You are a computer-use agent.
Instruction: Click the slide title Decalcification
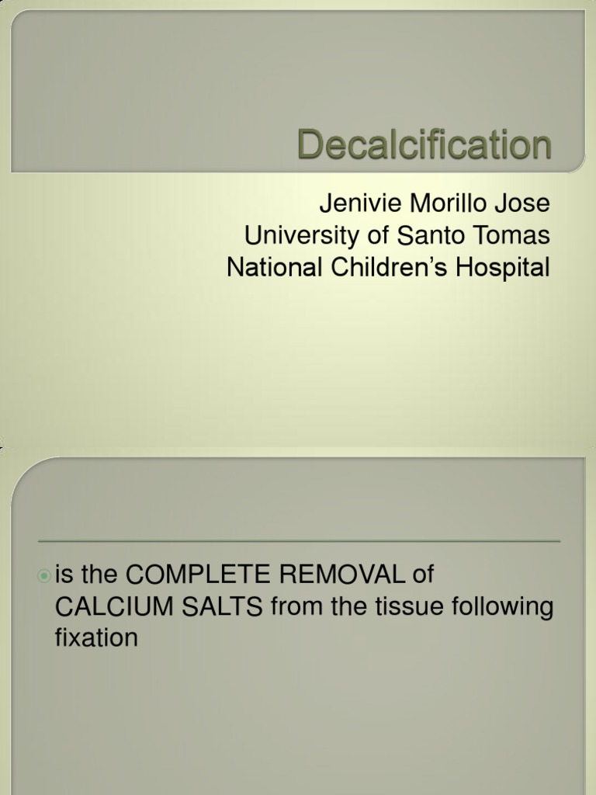click(x=424, y=145)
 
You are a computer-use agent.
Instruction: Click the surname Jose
click(x=524, y=204)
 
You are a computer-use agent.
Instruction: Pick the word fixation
click(x=96, y=638)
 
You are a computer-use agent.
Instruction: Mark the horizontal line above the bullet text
click(x=299, y=541)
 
